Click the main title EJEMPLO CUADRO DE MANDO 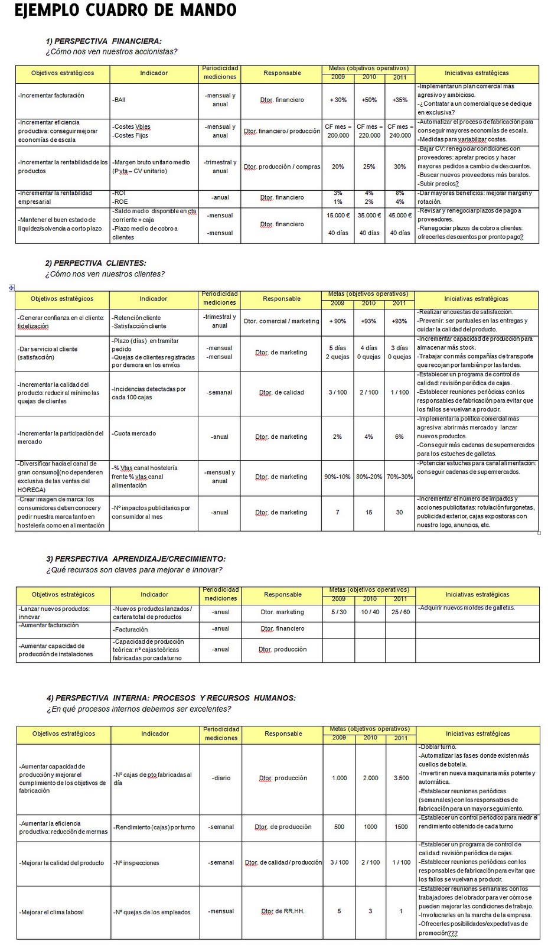pyautogui.click(x=125, y=11)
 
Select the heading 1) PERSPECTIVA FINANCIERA pyautogui.click(x=103, y=41)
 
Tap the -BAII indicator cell pyautogui.click(x=119, y=100)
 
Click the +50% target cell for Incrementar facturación pyautogui.click(x=369, y=100)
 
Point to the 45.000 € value pyautogui.click(x=400, y=216)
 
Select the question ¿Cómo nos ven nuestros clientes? pyautogui.click(x=105, y=274)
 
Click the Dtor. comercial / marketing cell pyautogui.click(x=281, y=321)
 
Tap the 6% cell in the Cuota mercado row pyautogui.click(x=399, y=437)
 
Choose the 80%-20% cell pyautogui.click(x=369, y=477)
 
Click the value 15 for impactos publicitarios pyautogui.click(x=369, y=512)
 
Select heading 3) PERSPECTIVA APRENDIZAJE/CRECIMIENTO pyautogui.click(x=136, y=559)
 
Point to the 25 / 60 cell pyautogui.click(x=400, y=612)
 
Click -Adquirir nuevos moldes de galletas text pyautogui.click(x=467, y=608)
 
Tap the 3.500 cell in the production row pyautogui.click(x=401, y=778)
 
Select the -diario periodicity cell pyautogui.click(x=221, y=778)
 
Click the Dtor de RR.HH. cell pyautogui.click(x=283, y=911)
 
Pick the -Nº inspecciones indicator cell pyautogui.click(x=136, y=863)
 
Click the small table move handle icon pyautogui.click(x=11, y=288)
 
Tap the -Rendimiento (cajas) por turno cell pyautogui.click(x=154, y=827)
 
